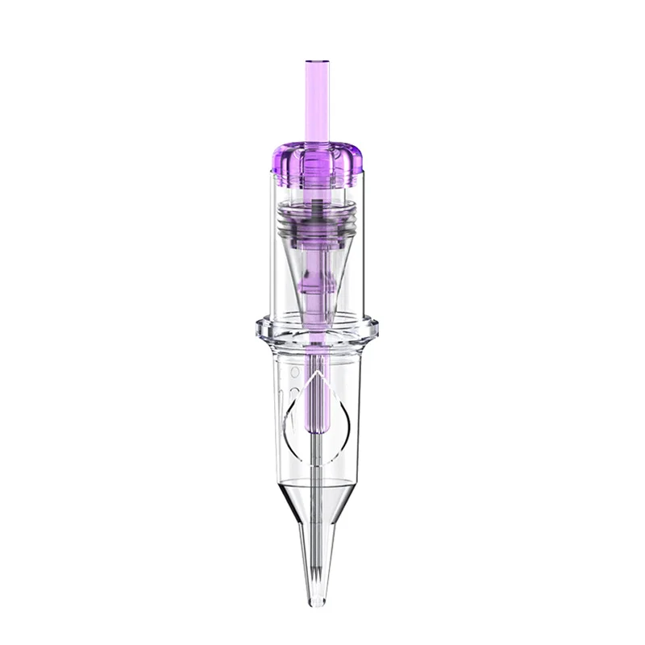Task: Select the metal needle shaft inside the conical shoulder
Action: coord(317,508)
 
